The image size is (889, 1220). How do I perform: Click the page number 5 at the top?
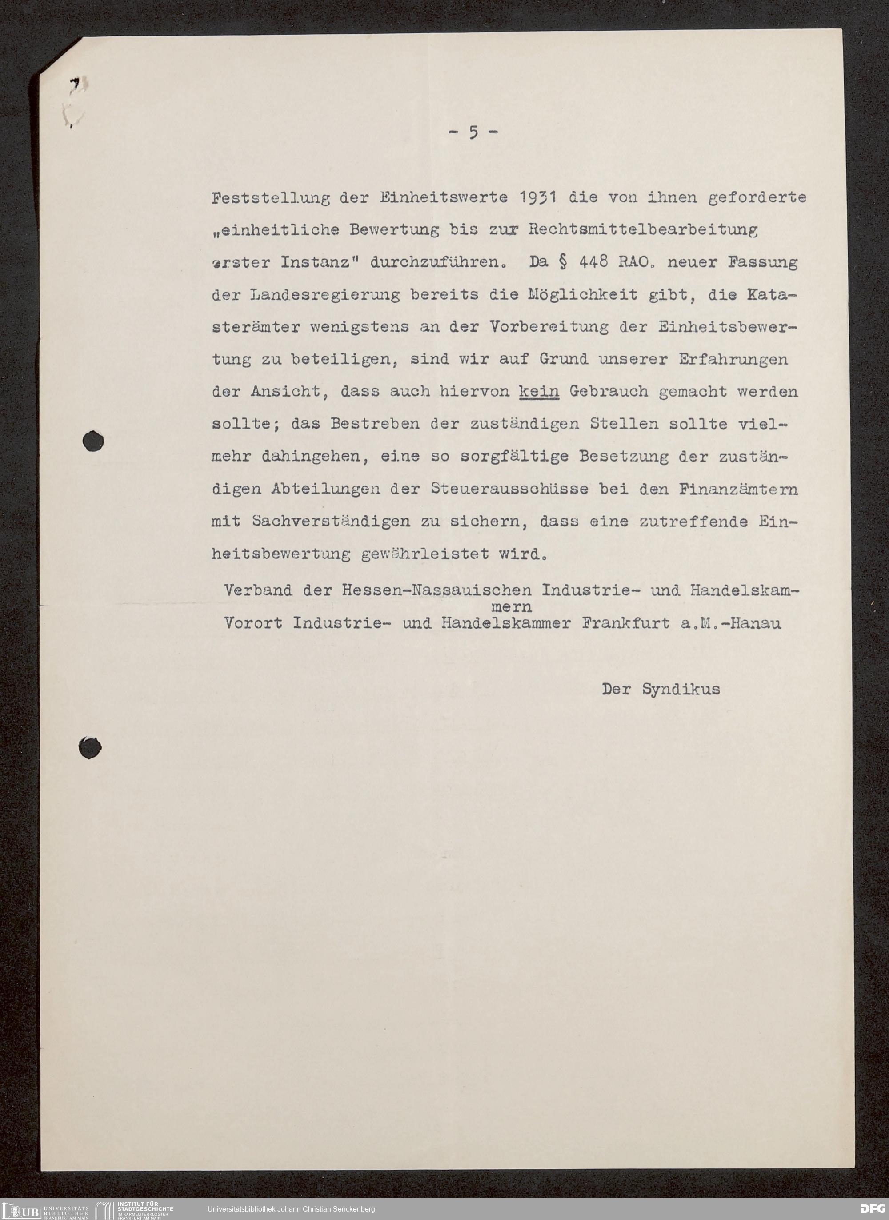coord(473,132)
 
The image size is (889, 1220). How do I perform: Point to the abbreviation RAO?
coord(639,263)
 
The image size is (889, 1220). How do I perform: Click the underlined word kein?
coord(539,391)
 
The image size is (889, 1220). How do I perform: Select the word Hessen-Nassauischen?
coord(436,591)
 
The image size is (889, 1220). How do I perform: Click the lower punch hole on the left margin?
coord(90,747)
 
